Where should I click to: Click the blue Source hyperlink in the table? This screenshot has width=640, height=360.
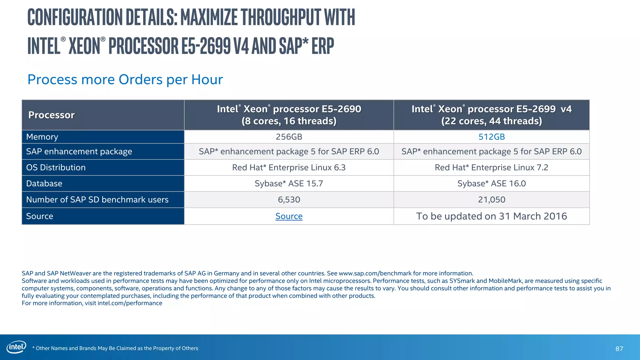[x=289, y=216]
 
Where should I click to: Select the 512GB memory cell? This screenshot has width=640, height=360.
[x=492, y=137]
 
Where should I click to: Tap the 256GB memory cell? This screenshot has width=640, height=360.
[x=289, y=137]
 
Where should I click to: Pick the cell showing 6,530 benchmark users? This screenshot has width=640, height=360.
[x=289, y=200]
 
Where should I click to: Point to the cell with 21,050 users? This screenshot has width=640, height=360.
[x=492, y=200]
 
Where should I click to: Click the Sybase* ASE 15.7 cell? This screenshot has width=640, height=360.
[x=289, y=183]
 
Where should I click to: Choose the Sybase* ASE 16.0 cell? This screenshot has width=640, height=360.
[x=492, y=183]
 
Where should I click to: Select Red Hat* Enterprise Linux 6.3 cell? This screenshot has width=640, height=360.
[x=289, y=167]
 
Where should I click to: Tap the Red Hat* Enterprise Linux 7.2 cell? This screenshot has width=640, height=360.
[x=492, y=167]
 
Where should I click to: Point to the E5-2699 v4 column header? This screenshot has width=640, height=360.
[x=492, y=115]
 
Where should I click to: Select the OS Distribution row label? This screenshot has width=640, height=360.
[x=56, y=167]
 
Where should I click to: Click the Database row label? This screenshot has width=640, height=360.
[x=44, y=183]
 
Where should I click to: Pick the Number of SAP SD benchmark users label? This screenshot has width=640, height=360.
[x=97, y=200]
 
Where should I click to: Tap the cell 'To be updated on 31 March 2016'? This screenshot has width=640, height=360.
[x=492, y=216]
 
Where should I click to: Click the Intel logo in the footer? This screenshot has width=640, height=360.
[x=16, y=347]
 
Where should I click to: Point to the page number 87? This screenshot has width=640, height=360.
[x=619, y=349]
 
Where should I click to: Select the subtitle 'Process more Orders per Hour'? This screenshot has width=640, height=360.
[x=125, y=79]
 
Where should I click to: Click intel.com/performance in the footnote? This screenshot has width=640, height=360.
[x=130, y=303]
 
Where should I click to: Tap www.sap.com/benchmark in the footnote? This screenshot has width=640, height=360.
[x=375, y=273]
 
